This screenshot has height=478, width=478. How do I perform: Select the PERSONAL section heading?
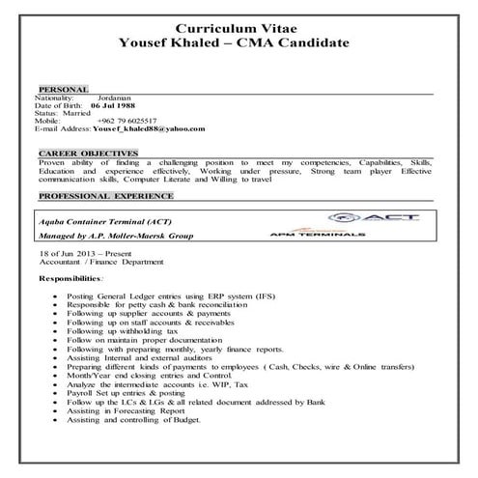(x=63, y=88)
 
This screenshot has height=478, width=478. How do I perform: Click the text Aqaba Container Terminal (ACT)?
(x=109, y=221)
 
